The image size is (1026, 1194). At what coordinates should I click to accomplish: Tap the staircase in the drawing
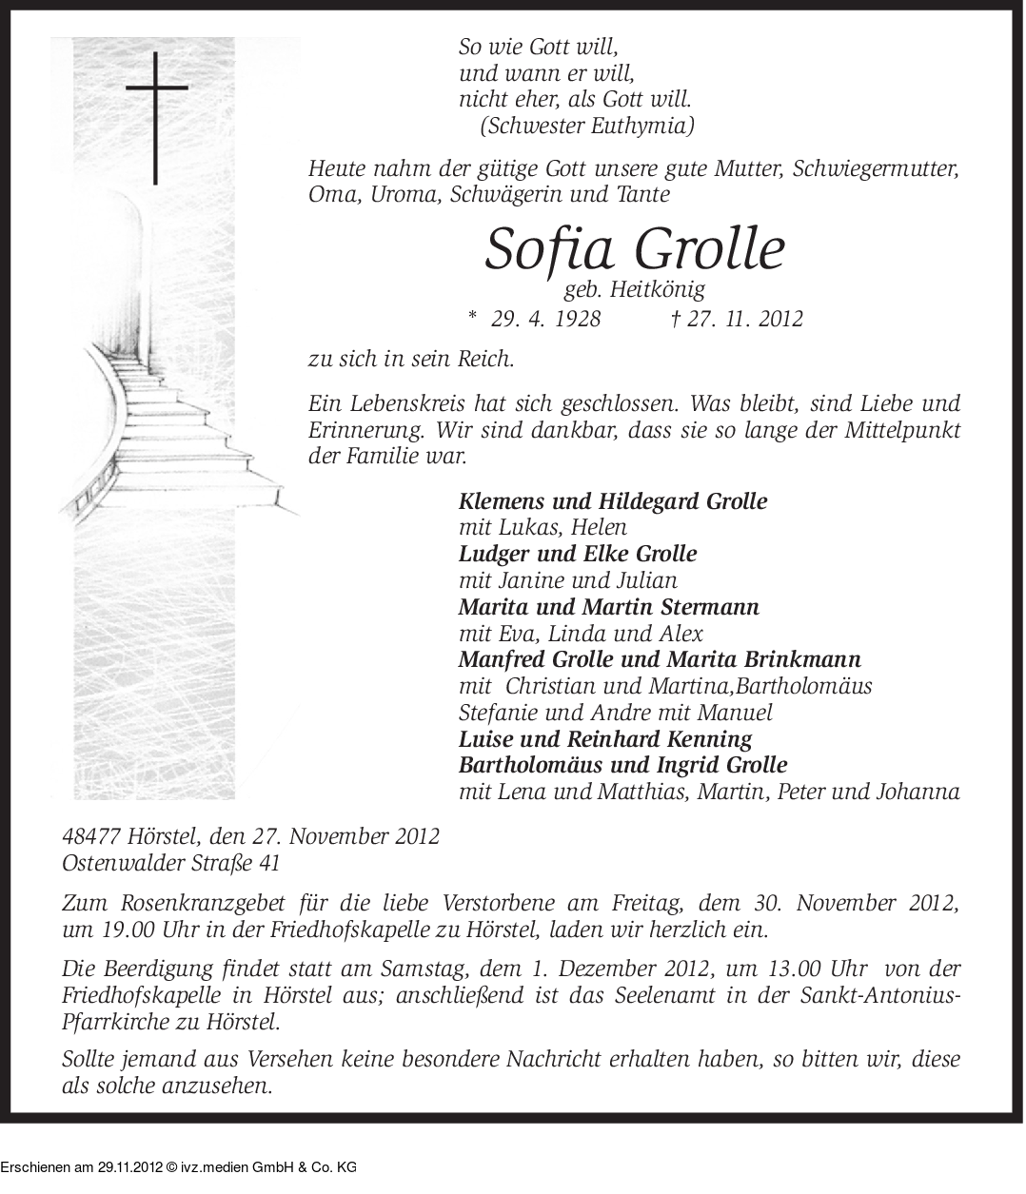pyautogui.click(x=190, y=419)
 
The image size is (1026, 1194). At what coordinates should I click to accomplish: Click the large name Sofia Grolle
pyautogui.click(x=635, y=249)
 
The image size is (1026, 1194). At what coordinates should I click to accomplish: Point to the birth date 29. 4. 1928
pyautogui.click(x=545, y=319)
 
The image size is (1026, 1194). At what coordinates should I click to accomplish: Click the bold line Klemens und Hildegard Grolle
pyautogui.click(x=613, y=500)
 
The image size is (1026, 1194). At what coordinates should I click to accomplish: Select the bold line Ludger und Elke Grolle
pyautogui.click(x=578, y=553)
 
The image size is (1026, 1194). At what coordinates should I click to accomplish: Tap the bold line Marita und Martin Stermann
pyautogui.click(x=609, y=606)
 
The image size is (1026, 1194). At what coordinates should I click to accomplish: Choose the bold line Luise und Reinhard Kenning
pyautogui.click(x=605, y=738)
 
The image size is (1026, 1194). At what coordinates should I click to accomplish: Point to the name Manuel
pyautogui.click(x=739, y=712)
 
